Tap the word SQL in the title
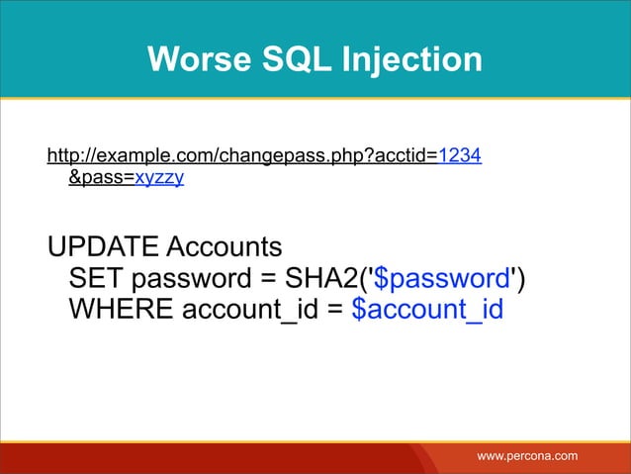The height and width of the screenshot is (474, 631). (x=285, y=60)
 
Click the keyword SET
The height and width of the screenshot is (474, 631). (x=99, y=278)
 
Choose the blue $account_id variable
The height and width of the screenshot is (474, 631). (x=427, y=310)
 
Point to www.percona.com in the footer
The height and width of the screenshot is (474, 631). (x=527, y=455)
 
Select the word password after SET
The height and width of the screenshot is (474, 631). (x=191, y=278)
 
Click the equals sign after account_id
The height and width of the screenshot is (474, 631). (x=335, y=310)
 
